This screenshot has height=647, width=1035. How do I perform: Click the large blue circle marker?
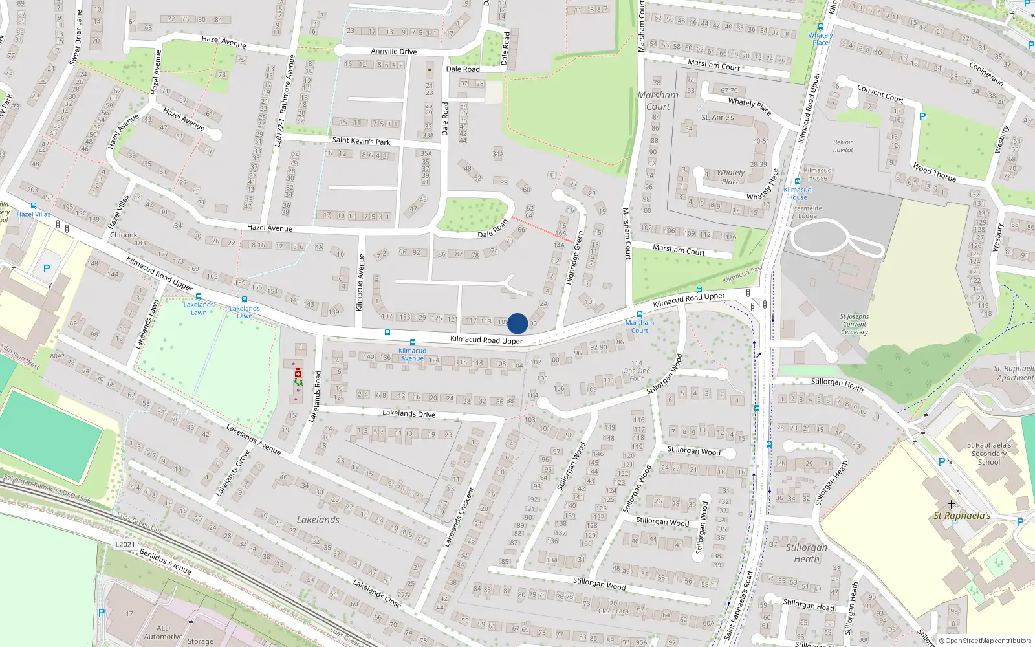point(517,323)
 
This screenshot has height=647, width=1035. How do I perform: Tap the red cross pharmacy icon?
point(298,374)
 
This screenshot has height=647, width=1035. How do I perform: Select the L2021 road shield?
point(125,544)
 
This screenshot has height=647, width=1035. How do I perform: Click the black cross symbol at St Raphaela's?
point(952,504)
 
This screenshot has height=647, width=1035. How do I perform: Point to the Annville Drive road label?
point(393,51)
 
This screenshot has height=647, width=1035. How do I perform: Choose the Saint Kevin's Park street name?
point(361,140)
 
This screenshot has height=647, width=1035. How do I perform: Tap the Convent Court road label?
point(880,93)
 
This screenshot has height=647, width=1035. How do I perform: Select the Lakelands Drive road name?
point(408,413)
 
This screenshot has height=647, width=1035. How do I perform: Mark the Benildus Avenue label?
point(165,561)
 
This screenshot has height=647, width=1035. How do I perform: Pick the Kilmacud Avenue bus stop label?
point(412,355)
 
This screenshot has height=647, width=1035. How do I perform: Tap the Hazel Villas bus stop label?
point(34,214)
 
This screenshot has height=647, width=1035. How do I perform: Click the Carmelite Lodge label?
point(807,212)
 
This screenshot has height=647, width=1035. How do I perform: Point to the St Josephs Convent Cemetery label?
point(854,324)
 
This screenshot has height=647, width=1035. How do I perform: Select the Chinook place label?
point(124,235)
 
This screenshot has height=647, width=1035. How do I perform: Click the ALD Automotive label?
point(164,632)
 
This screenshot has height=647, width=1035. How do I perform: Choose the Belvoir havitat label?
point(843,146)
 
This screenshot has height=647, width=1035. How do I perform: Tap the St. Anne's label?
point(717,118)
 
